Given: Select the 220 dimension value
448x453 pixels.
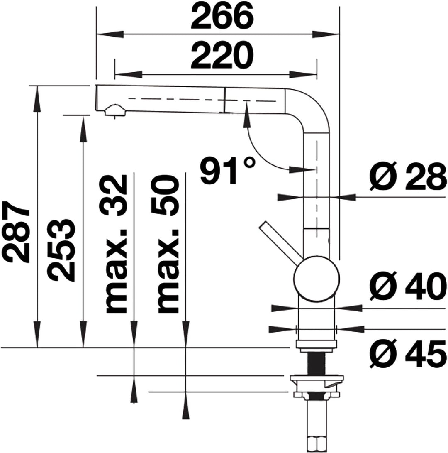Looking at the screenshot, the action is [222, 56].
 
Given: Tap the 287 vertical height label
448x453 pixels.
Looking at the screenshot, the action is [17, 232].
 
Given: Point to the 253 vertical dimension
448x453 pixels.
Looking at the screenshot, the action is [61, 250].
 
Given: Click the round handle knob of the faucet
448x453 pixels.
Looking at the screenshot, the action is [317, 279].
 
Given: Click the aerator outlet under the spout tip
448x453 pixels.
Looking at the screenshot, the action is [115, 111].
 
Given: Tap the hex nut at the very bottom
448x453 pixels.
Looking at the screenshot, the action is [317, 443].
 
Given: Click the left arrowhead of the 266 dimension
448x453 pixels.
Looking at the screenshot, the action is [110, 34].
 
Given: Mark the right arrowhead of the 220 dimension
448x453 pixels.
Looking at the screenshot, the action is [303, 75].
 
